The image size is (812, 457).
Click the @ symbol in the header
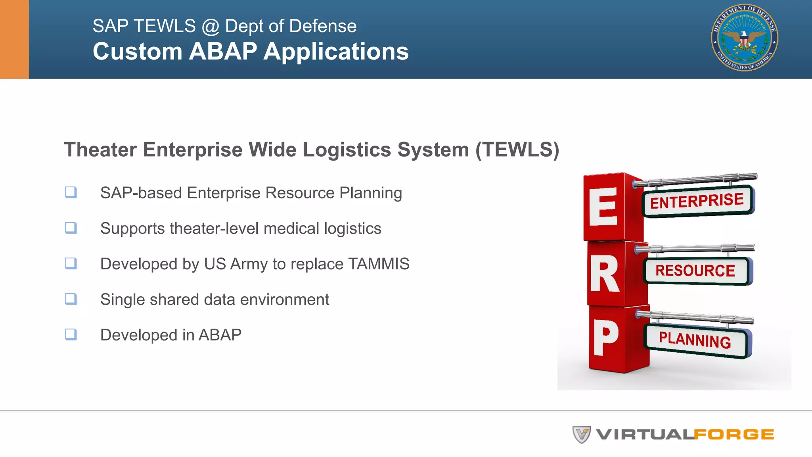point(210,27)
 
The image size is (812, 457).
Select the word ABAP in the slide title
point(223,52)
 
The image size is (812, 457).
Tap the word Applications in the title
point(336,52)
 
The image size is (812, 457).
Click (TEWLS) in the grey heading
point(517,150)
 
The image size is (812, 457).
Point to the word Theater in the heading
point(100,150)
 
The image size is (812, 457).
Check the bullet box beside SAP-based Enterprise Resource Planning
point(71,192)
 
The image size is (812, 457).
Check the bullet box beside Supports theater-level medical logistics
point(71,228)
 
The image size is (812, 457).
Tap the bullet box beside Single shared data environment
point(71,299)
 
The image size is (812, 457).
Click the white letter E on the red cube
point(603,207)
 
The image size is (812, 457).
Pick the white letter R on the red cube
point(604,274)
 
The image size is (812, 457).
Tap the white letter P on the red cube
point(605,338)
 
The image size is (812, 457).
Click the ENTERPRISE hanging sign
point(697,201)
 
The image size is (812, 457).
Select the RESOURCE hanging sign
point(695,271)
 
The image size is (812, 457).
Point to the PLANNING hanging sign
point(695,340)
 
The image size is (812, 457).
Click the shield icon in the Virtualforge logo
point(581,434)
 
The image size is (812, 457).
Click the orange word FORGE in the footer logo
point(734,435)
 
